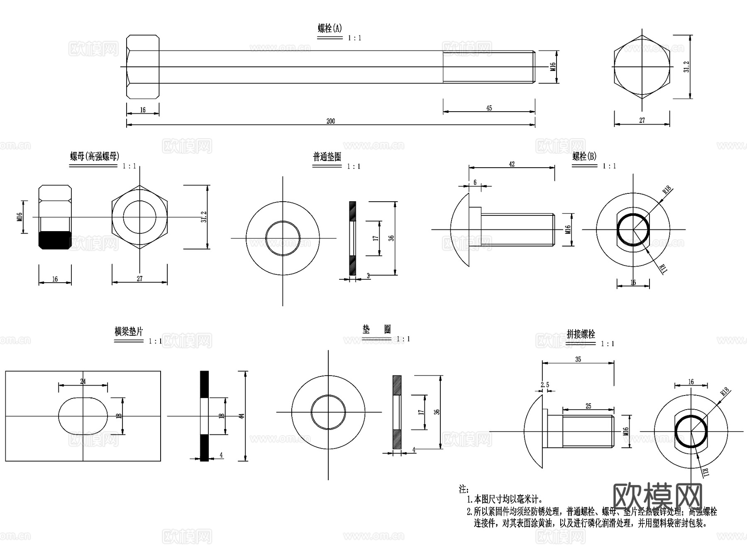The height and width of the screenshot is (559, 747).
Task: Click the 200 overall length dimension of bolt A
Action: (x=330, y=121)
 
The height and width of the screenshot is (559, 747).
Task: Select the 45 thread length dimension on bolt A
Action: (x=489, y=108)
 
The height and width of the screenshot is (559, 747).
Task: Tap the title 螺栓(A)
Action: (x=330, y=28)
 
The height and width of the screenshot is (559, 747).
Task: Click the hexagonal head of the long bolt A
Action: (x=143, y=67)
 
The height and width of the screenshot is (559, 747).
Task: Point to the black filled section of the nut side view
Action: (x=55, y=240)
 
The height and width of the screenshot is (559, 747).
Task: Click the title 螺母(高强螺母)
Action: (x=95, y=156)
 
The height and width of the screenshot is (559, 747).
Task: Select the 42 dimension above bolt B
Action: (x=512, y=164)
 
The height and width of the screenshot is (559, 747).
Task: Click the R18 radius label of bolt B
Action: (x=666, y=190)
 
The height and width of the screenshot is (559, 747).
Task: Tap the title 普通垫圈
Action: (x=327, y=157)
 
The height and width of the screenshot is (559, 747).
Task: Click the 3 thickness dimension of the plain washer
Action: (x=368, y=276)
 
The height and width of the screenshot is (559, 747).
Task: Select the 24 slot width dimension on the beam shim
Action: (x=83, y=381)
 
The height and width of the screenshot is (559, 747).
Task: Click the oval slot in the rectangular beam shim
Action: (x=83, y=416)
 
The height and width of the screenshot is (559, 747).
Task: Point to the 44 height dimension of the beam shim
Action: (x=242, y=415)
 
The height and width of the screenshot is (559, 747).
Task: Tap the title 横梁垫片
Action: (x=129, y=332)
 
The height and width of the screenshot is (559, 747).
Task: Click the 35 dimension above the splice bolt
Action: (x=578, y=359)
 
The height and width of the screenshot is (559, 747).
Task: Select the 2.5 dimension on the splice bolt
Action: (x=545, y=385)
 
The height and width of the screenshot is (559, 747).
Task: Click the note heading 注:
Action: (x=464, y=489)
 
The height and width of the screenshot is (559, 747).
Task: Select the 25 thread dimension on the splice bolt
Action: (x=588, y=406)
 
